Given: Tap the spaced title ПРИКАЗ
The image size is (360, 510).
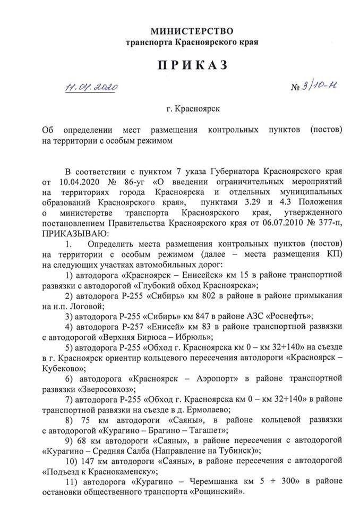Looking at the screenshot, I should [x=192, y=65].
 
